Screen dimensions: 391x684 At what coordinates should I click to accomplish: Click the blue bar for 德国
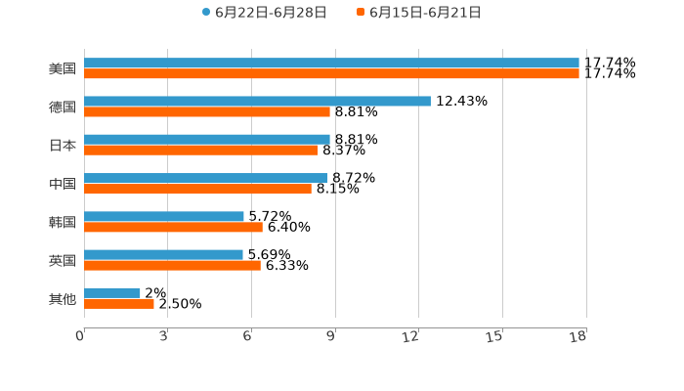(257, 101)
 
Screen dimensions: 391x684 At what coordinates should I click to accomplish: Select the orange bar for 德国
(207, 112)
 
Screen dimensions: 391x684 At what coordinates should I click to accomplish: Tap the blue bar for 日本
(207, 139)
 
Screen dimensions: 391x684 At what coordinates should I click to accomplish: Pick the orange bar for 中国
(197, 190)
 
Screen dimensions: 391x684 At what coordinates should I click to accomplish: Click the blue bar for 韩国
(164, 216)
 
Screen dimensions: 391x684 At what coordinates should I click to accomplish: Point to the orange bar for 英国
(172, 266)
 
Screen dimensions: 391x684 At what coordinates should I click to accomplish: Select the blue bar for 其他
(112, 292)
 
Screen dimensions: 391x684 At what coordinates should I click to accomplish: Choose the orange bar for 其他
(119, 304)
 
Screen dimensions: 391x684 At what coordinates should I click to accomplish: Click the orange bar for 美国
(331, 74)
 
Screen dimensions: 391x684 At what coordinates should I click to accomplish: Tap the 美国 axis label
(63, 68)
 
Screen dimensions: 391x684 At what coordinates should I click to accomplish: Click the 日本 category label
(63, 145)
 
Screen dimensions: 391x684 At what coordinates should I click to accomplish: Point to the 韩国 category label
(63, 222)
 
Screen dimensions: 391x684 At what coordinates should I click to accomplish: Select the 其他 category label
(63, 298)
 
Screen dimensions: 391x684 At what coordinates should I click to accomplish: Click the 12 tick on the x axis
(410, 337)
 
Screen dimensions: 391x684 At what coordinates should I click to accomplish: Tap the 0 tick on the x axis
(80, 337)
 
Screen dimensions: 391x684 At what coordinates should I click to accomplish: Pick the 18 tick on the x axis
(578, 337)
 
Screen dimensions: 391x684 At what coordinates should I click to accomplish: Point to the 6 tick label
(247, 337)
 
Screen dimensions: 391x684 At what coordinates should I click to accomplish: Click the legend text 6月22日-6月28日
(271, 13)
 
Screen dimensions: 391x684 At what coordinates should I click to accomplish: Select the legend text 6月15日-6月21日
(425, 13)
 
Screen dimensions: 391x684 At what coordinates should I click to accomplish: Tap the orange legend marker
(361, 13)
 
